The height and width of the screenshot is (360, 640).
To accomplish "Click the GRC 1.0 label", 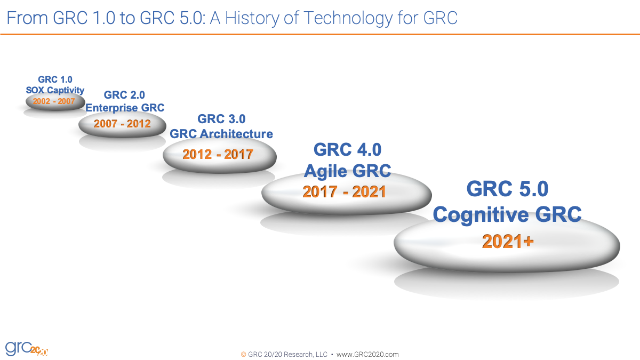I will tap(55, 80).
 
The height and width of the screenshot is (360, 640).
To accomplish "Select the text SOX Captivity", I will tap(55, 90).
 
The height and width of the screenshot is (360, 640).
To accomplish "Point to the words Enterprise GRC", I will tap(125, 108).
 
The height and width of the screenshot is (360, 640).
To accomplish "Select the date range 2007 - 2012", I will tap(122, 124).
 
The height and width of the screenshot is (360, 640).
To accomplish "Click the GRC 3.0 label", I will tap(221, 119).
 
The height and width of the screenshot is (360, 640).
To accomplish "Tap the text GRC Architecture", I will tap(221, 134).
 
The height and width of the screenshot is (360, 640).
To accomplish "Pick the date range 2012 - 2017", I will tap(218, 155).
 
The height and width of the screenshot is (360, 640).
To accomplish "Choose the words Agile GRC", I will tap(347, 171).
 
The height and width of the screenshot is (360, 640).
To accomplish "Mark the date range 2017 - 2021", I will tap(344, 192).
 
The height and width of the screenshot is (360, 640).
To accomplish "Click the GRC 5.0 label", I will tap(507, 189).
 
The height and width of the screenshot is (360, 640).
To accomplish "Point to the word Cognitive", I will tap(480, 215).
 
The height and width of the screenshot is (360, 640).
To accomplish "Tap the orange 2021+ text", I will tap(508, 242).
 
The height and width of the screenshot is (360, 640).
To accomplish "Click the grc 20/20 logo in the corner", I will tap(27, 348).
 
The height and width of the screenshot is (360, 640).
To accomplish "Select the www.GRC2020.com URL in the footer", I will tap(367, 354).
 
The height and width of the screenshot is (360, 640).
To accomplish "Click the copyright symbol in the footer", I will tap(244, 354).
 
